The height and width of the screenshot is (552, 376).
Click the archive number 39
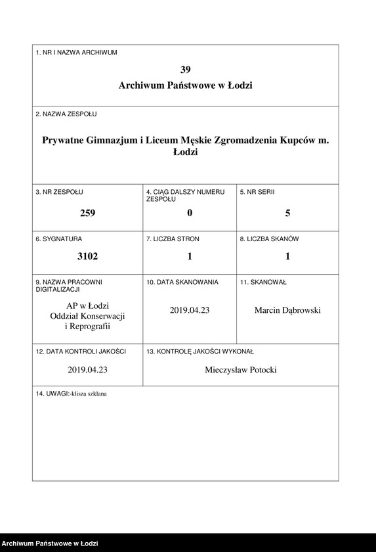[185, 69]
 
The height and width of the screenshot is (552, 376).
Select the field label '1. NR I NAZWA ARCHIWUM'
[76, 53]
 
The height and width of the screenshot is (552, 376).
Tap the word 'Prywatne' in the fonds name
[64, 140]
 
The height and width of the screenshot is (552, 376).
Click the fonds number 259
[87, 213]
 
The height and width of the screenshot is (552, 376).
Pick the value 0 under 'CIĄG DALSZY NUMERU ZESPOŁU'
[190, 213]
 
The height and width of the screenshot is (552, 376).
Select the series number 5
[287, 213]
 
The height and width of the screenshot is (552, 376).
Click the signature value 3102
[87, 257]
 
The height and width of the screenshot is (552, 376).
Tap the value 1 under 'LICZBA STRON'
[190, 257]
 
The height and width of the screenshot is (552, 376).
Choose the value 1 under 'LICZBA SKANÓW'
[287, 257]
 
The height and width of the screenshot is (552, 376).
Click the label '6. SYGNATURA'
[59, 239]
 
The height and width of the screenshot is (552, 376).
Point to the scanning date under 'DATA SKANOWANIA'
[190, 310]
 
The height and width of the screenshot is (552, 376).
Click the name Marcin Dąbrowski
[287, 310]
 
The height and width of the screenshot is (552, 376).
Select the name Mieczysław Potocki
[241, 370]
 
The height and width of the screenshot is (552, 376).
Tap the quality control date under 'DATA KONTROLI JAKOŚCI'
[87, 370]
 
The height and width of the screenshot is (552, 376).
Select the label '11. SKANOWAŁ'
[263, 282]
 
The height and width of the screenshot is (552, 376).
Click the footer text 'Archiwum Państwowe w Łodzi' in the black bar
[50, 543]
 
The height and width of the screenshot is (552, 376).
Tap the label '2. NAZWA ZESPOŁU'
[66, 114]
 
